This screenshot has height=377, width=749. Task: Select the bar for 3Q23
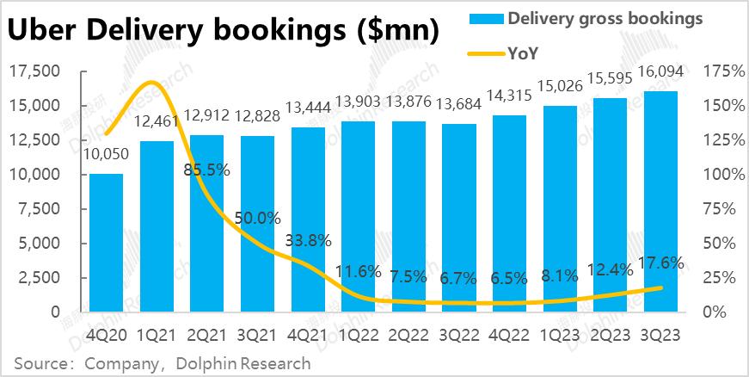point(660,201)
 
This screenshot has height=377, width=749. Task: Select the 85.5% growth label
point(207,170)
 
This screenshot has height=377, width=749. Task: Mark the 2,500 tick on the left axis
point(37,277)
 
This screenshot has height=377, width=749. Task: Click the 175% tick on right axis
point(724,71)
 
